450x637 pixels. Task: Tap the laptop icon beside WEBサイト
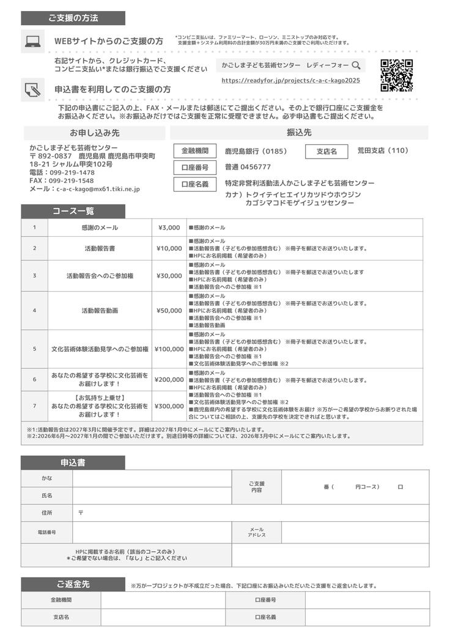[x=32, y=41]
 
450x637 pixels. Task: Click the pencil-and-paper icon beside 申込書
[x=32, y=89]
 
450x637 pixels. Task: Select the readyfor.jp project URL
[x=290, y=80]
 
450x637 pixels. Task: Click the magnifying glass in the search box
[x=355, y=64]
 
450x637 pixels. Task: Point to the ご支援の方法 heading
[x=73, y=18]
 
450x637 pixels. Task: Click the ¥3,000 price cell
[x=169, y=228]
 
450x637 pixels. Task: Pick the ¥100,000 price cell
[x=169, y=349]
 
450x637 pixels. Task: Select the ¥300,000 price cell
[x=169, y=406]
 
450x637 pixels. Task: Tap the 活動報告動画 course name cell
[x=100, y=310]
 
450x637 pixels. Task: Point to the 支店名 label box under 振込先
[x=326, y=151]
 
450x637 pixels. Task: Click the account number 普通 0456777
[x=248, y=167]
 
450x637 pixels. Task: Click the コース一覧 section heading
[x=73, y=211]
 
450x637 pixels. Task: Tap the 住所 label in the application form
[x=46, y=512]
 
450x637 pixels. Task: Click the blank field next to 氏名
[x=152, y=495]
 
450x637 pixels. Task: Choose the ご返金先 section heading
[x=73, y=584]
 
